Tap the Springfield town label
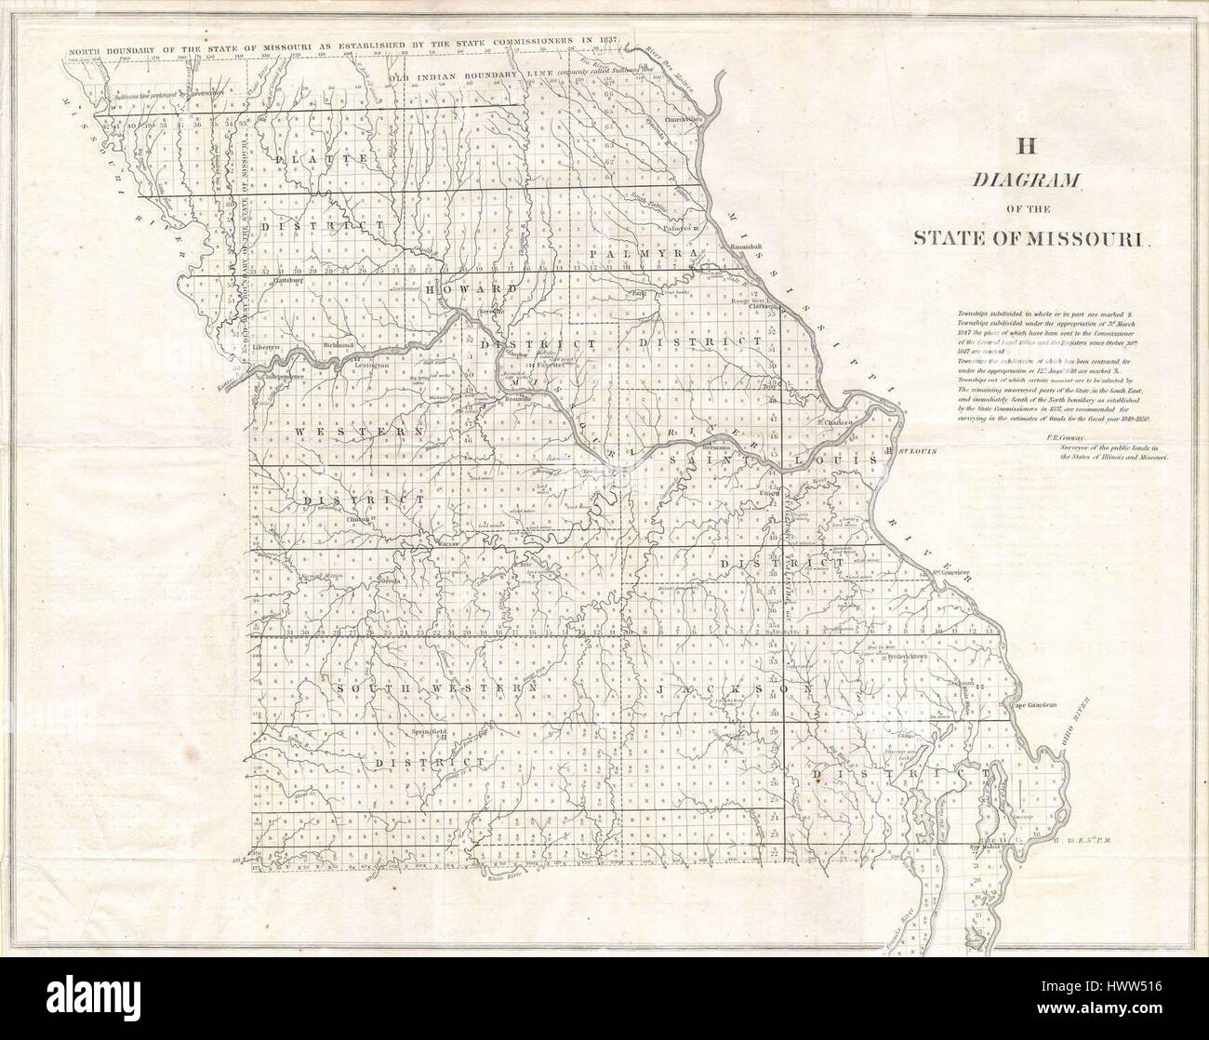429,731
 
